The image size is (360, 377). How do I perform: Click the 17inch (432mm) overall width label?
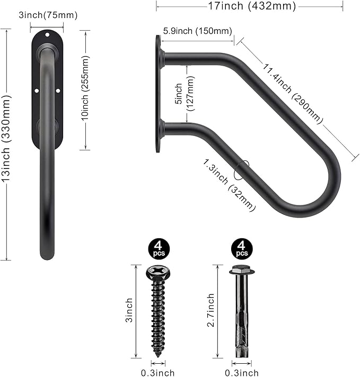click(x=250, y=7)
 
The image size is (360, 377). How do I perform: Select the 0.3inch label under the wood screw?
click(x=159, y=373)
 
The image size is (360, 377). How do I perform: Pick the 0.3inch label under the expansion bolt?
click(x=242, y=373)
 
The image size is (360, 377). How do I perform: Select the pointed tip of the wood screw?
click(x=158, y=355)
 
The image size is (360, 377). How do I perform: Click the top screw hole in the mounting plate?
click(x=47, y=37)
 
